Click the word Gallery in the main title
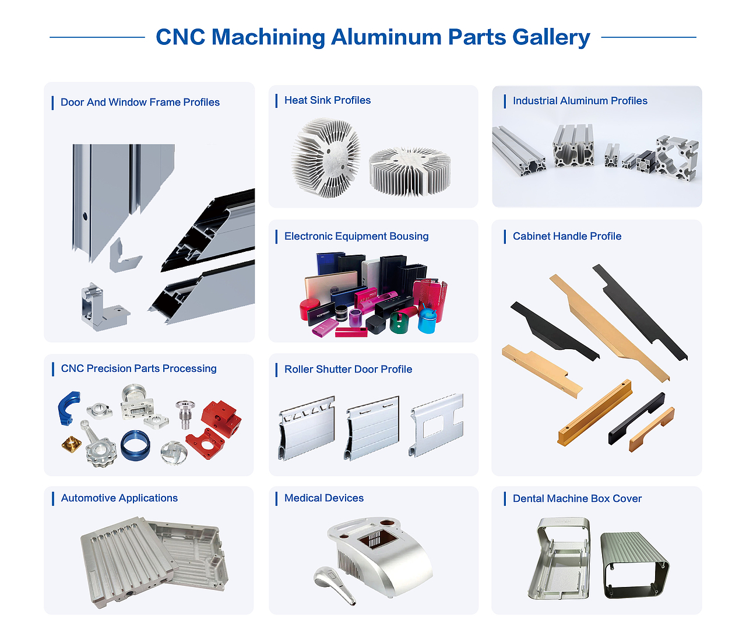click(x=551, y=37)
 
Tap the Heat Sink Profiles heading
click(x=328, y=100)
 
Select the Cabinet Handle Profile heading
click(x=566, y=236)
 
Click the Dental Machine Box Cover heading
click(x=577, y=498)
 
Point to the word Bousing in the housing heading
click(x=407, y=236)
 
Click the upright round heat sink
click(x=326, y=158)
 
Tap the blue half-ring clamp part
click(x=69, y=407)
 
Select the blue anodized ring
click(x=135, y=445)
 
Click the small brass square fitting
click(x=72, y=444)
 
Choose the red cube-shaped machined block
click(x=221, y=418)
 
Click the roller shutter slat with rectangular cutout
click(x=437, y=426)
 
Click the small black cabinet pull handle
click(x=636, y=419)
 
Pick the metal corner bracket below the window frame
click(x=104, y=308)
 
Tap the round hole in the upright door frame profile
click(x=85, y=216)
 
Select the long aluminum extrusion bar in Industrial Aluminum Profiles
click(x=519, y=151)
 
